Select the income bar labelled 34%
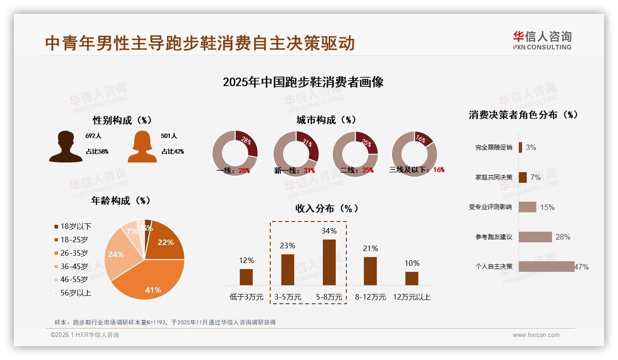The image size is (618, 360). pos(329,262)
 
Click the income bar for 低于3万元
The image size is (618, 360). pos(246,277)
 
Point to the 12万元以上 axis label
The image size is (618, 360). pos(411,297)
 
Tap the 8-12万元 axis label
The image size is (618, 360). pos(370,297)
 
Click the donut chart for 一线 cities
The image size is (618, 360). pos(235,154)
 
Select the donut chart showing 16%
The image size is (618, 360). pos(414,154)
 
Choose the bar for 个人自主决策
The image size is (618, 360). pos(547,266)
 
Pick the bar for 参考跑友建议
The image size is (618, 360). pos(535,237)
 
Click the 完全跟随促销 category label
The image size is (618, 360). pos(493,148)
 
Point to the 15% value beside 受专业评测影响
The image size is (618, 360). pos(547,207)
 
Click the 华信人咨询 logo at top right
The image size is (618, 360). pos(542,40)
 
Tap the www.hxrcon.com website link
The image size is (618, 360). pos(535,335)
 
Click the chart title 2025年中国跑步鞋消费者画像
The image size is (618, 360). pos(303,82)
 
